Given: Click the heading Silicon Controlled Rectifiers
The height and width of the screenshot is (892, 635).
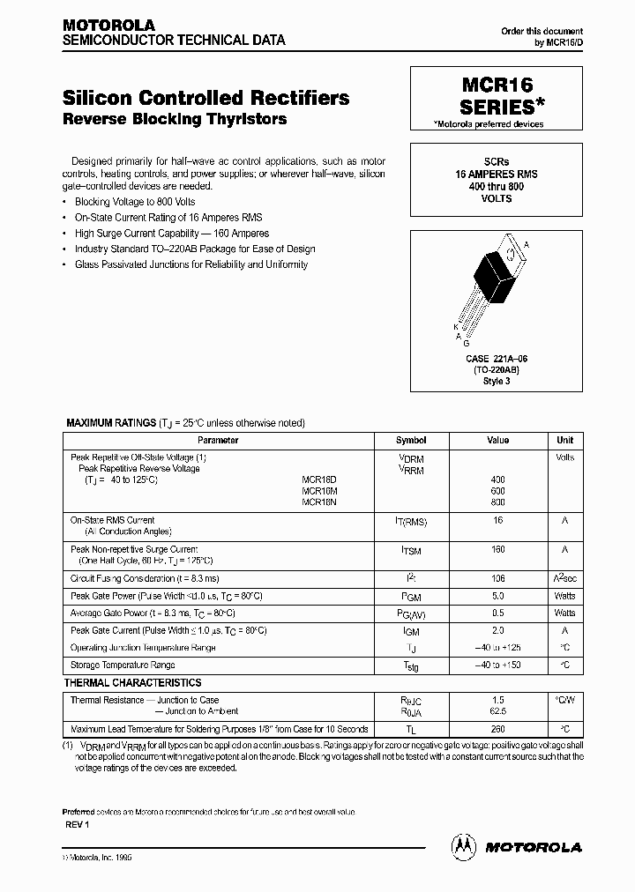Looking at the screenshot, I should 205,98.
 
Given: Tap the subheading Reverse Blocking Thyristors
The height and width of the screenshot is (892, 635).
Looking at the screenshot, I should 175,119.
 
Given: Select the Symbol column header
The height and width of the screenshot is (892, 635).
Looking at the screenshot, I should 410,440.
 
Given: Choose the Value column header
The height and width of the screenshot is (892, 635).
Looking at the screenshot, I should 498,440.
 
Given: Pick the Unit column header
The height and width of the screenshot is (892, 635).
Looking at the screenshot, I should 564,440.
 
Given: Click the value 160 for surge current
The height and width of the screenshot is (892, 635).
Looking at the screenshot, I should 498,549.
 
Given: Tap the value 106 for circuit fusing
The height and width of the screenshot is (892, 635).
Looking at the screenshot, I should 498,579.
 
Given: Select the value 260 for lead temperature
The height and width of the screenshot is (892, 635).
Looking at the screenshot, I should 498,729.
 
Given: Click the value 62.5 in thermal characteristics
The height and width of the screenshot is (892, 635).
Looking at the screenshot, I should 498,710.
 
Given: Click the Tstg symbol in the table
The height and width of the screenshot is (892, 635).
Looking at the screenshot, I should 410,666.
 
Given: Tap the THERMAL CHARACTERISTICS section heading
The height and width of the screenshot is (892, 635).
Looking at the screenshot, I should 132,683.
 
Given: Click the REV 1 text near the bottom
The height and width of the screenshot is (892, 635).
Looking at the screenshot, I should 78,823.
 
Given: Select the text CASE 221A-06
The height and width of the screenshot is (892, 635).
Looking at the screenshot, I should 497,360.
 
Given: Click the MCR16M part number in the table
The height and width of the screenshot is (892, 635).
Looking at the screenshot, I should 318,490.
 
